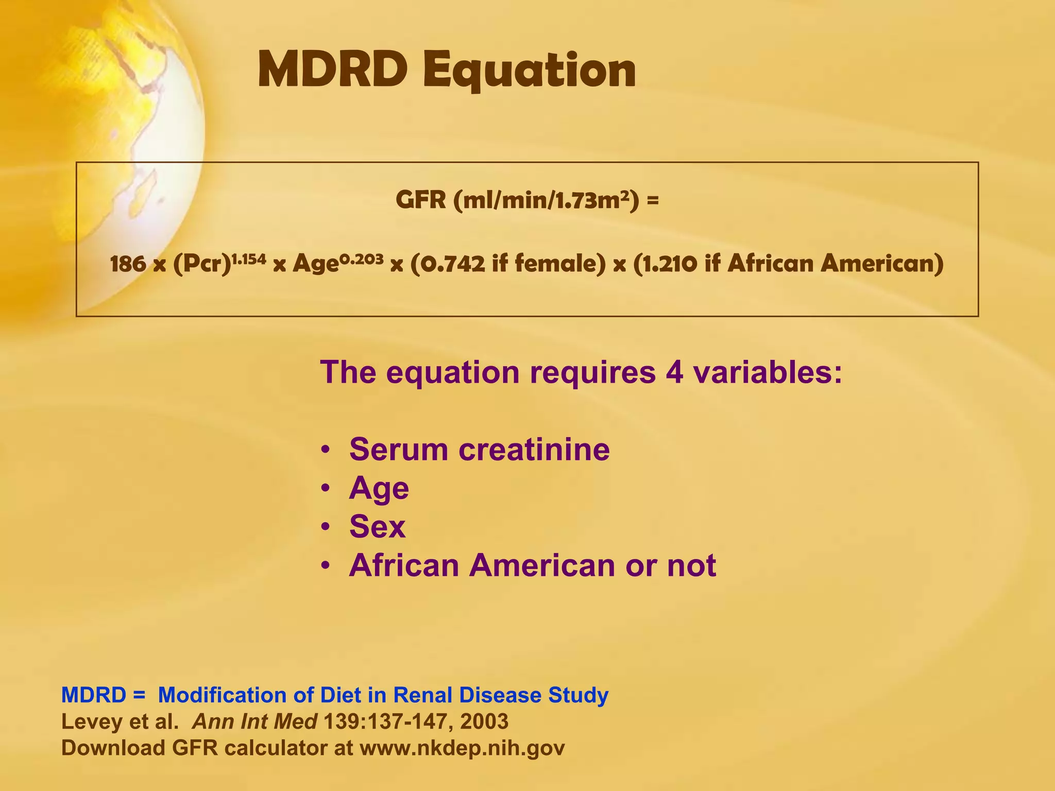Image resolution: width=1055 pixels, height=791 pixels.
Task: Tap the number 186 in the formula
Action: pyautogui.click(x=128, y=264)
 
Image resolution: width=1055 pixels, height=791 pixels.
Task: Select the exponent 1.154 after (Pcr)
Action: pyautogui.click(x=248, y=259)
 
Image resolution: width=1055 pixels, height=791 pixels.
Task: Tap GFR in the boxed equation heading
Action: pyautogui.click(x=420, y=200)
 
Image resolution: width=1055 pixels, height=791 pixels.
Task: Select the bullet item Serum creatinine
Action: pyautogui.click(x=479, y=449)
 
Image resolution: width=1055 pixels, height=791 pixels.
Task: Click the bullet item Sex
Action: pyautogui.click(x=377, y=526)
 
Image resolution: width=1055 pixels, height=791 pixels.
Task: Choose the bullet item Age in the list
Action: pyautogui.click(x=379, y=488)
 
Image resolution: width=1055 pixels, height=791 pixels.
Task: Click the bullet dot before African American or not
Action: pyautogui.click(x=325, y=566)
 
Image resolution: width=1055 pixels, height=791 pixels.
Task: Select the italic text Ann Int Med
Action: pyautogui.click(x=254, y=721)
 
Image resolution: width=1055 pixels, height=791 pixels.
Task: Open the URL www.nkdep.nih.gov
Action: pyautogui.click(x=462, y=748)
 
